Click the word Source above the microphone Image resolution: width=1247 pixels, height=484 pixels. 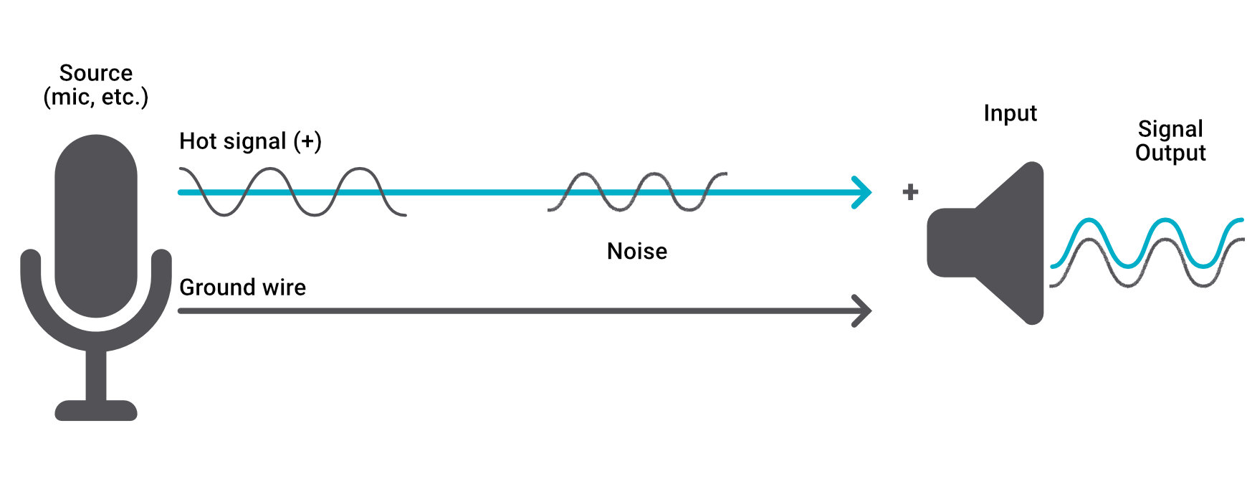click(95, 73)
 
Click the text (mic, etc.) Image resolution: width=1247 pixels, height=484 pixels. click(95, 97)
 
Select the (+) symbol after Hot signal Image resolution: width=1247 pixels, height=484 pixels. click(307, 141)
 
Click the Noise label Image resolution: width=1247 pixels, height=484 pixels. click(636, 251)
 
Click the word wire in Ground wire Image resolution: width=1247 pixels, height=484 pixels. click(285, 288)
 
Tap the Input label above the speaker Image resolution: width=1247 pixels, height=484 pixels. click(1010, 113)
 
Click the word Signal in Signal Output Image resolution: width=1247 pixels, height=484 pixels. click(1170, 129)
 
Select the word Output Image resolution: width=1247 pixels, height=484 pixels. click(1170, 153)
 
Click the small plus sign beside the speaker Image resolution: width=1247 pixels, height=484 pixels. click(910, 192)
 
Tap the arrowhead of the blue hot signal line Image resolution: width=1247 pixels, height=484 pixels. click(864, 192)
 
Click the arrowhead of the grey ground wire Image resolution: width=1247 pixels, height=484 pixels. click(864, 311)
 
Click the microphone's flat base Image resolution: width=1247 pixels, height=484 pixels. click(96, 410)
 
